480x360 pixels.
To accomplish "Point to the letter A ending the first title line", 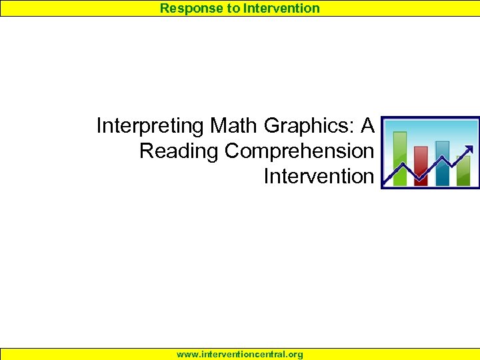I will coord(367,125).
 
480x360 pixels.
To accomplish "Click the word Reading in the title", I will coord(179,151).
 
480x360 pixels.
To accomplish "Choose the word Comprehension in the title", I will coord(299,151).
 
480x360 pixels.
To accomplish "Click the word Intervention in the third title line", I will coord(319,177).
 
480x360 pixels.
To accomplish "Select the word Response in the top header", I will coord(186,8).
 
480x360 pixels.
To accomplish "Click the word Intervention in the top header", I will coord(281,8).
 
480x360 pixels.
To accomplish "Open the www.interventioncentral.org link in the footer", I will coord(240,355).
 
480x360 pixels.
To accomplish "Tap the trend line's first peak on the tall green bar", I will coord(402,163).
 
